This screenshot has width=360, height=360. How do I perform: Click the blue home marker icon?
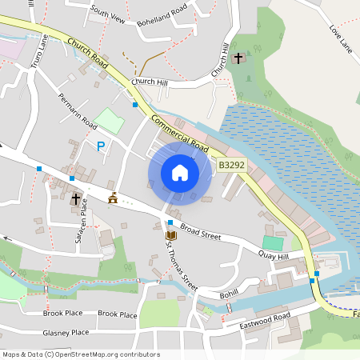[x=180, y=172]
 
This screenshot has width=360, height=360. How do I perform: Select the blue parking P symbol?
[x=100, y=146]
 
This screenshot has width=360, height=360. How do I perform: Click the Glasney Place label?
[x=66, y=332]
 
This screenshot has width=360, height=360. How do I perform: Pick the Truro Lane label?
[x=38, y=53]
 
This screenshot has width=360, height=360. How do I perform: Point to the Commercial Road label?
[x=177, y=134]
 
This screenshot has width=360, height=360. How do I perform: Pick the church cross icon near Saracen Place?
[x=76, y=198]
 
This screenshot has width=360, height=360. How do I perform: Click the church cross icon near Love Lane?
[x=238, y=58]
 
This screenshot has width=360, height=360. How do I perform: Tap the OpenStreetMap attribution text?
[x=81, y=354]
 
